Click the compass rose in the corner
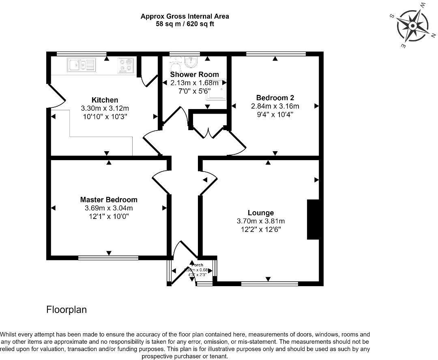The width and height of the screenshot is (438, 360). pyautogui.click(x=412, y=26)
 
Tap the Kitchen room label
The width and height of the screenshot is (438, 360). pyautogui.click(x=105, y=100)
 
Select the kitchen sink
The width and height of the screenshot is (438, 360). pyautogui.click(x=81, y=65)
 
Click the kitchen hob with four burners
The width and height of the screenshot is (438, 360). pyautogui.click(x=125, y=65)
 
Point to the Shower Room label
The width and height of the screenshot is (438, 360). pyautogui.click(x=194, y=75)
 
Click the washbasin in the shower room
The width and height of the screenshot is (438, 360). pyautogui.click(x=190, y=62)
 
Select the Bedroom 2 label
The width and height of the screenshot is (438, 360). pyautogui.click(x=275, y=98)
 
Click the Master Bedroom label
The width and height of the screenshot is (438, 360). pyautogui.click(x=109, y=200)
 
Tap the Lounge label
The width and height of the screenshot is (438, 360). pyautogui.click(x=261, y=213)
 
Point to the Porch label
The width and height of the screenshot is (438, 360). pyautogui.click(x=197, y=265)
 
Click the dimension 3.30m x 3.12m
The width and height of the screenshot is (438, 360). pyautogui.click(x=105, y=108)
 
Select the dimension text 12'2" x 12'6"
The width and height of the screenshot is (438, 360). pyautogui.click(x=261, y=229)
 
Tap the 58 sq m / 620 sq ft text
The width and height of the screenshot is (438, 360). pyautogui.click(x=185, y=24)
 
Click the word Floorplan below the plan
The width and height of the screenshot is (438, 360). pyautogui.click(x=67, y=310)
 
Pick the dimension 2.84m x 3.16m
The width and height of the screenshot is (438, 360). pyautogui.click(x=275, y=106)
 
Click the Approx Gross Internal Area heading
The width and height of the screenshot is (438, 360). pyautogui.click(x=185, y=16)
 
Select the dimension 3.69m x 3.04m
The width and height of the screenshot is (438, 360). pyautogui.click(x=109, y=208)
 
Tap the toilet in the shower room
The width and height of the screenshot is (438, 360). pyautogui.click(x=175, y=62)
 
